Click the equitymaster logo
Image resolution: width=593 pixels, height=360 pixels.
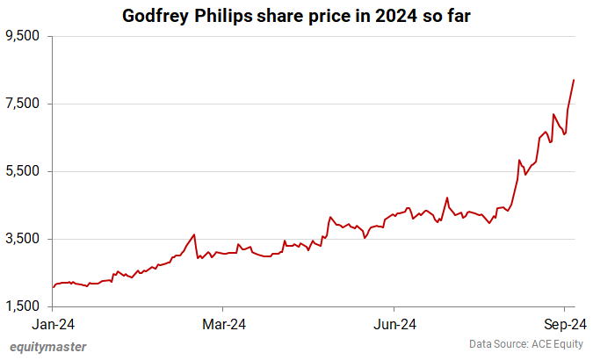pos(47,346)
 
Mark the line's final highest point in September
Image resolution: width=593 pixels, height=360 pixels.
pos(574,80)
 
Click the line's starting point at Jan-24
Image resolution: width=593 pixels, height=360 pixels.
pos(54,287)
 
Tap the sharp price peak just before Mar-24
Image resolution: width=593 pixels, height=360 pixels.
pos(194,234)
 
